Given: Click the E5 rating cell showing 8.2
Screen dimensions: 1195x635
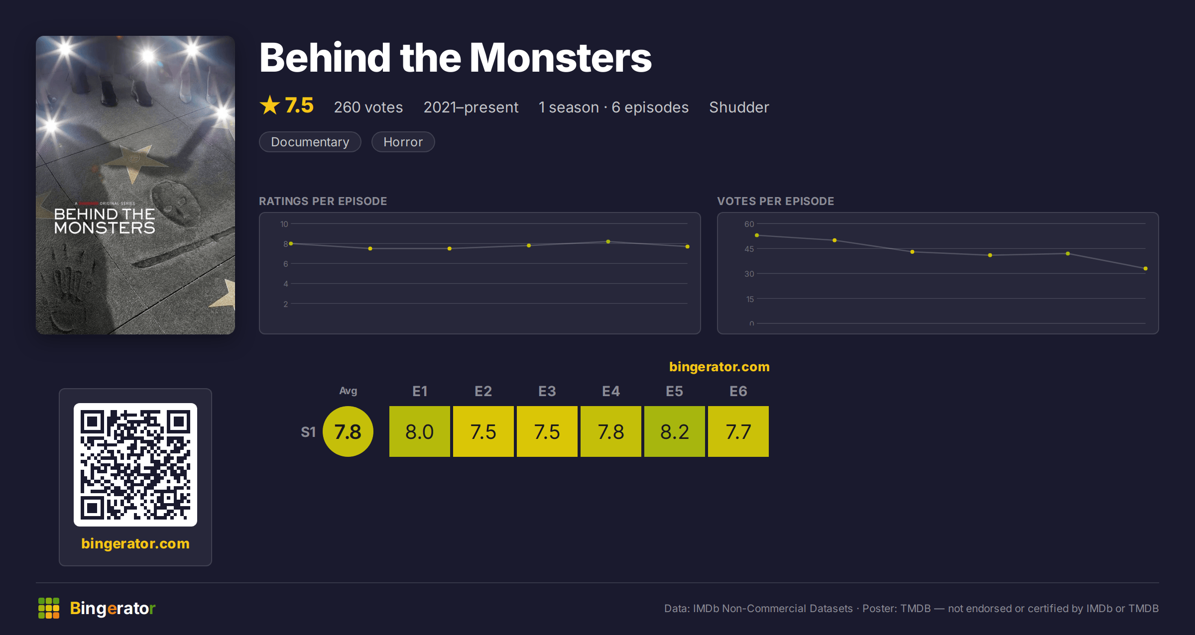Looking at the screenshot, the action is tap(675, 431).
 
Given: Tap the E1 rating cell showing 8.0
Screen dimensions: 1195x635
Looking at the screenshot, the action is tap(420, 431).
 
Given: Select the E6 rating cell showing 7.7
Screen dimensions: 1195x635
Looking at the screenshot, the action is tap(738, 431).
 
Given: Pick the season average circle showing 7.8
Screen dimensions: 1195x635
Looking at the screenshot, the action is tap(348, 431).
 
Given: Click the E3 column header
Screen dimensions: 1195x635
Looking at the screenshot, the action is tap(547, 391).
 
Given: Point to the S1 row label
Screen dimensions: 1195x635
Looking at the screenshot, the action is tap(308, 432).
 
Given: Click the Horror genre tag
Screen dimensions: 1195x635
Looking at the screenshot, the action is tap(403, 142).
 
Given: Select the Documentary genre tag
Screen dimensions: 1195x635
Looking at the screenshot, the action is tap(310, 142).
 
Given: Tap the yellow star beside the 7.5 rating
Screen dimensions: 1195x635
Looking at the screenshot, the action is tap(270, 105).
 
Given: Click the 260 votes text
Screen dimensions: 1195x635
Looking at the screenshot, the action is tap(368, 107).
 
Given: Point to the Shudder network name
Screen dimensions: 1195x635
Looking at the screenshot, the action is tap(739, 107).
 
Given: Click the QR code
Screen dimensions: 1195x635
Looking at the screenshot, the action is tap(135, 465).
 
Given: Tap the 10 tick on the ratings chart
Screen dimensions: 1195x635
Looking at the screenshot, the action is tap(284, 224).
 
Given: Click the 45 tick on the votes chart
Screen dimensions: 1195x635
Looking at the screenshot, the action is tap(749, 249).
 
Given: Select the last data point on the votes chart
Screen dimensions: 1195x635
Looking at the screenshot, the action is tap(1146, 269).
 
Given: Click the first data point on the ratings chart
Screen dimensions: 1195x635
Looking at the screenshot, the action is tap(291, 244).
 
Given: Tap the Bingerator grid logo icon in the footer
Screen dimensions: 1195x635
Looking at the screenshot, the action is tap(49, 608).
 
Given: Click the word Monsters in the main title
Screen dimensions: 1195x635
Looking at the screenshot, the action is tap(561, 58).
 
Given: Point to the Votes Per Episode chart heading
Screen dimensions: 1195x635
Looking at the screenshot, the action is tap(776, 201).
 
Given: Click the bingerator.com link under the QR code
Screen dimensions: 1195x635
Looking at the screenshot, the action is tap(135, 543).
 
